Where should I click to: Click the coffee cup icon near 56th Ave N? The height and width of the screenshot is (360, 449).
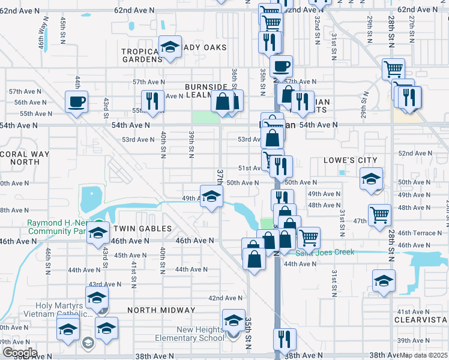pyautogui.click(x=76, y=101)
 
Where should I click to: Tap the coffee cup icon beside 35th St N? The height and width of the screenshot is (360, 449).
pyautogui.click(x=280, y=65)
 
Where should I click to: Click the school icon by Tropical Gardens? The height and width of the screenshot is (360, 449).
pyautogui.click(x=170, y=47)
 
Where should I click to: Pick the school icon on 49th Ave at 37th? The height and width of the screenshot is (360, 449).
pyautogui.click(x=211, y=196)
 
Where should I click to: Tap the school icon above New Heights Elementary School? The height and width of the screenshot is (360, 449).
pyautogui.click(x=234, y=320)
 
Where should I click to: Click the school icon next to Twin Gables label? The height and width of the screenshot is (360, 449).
pyautogui.click(x=97, y=235)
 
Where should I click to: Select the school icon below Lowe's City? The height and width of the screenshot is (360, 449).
pyautogui.click(x=371, y=179)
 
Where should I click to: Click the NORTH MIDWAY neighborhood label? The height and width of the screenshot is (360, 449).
pyautogui.click(x=161, y=310)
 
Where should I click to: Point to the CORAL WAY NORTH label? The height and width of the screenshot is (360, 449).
pyautogui.click(x=20, y=158)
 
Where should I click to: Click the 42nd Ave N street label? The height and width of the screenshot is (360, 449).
pyautogui.click(x=225, y=298)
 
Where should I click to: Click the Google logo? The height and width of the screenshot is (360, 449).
pyautogui.click(x=19, y=352)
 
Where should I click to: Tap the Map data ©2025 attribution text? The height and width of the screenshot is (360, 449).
pyautogui.click(x=423, y=355)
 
